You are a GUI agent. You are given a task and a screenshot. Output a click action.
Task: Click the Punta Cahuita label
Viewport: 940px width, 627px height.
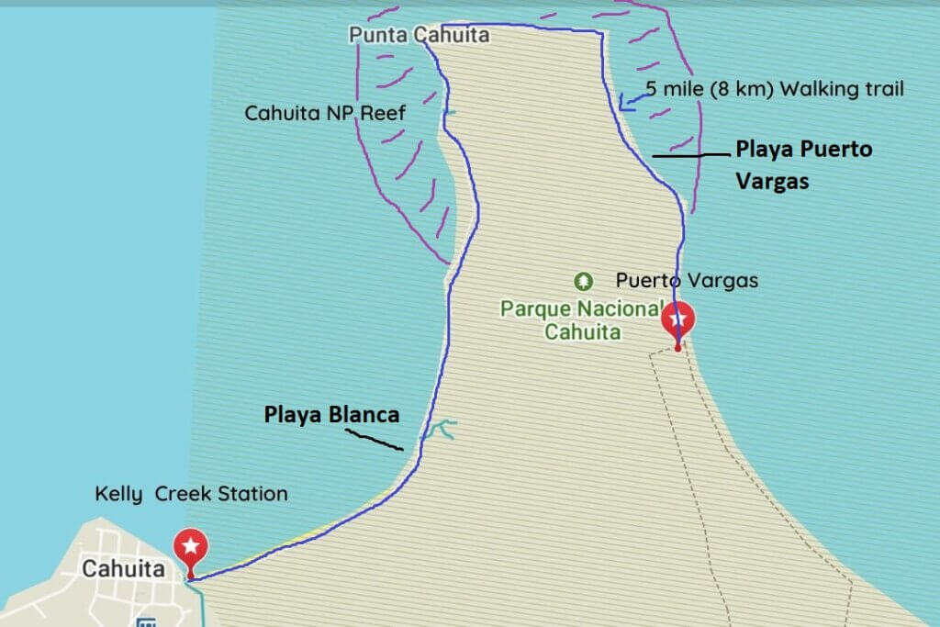point(419,36)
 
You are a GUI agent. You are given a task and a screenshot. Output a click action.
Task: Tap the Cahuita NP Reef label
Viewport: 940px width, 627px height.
point(325,113)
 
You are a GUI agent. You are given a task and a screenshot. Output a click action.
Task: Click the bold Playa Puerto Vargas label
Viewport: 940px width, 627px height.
point(804,165)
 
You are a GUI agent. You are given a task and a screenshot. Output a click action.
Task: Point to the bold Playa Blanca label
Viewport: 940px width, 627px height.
point(332,414)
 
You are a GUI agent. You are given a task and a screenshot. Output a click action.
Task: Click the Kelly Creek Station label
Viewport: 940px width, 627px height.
point(191,494)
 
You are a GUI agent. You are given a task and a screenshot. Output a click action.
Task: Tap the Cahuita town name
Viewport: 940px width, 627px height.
point(123,569)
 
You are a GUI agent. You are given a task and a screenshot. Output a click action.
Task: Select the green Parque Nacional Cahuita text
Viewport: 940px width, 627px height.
point(582,319)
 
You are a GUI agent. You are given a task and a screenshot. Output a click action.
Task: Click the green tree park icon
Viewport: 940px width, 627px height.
point(581,279)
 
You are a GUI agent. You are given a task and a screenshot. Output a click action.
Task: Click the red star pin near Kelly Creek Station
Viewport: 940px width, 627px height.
point(190,548)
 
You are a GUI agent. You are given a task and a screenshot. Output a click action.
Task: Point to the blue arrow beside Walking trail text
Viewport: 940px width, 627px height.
point(630,102)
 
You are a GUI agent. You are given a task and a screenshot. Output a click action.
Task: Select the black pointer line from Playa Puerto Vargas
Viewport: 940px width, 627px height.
point(690,155)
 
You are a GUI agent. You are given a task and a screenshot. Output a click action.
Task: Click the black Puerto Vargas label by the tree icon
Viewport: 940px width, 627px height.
point(687,280)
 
